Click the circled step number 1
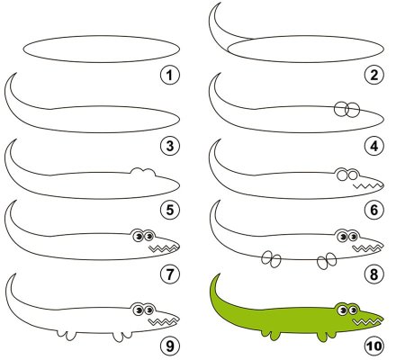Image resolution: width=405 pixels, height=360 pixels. pyautogui.click(x=170, y=75)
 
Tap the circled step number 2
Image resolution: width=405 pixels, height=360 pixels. pyautogui.click(x=374, y=75)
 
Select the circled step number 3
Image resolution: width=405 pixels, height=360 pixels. pyautogui.click(x=170, y=146)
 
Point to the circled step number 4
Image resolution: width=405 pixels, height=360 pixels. pyautogui.click(x=374, y=146)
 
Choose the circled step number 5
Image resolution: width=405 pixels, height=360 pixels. pyautogui.click(x=170, y=210)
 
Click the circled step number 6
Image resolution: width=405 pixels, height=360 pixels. pyautogui.click(x=374, y=210)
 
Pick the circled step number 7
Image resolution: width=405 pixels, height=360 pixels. pyautogui.click(x=170, y=274)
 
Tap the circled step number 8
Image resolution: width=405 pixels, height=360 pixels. pyautogui.click(x=374, y=274)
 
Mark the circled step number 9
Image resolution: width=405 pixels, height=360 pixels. pyautogui.click(x=170, y=346)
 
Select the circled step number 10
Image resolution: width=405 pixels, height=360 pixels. pyautogui.click(x=374, y=346)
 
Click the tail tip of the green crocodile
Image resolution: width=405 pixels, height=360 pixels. pyautogui.click(x=220, y=274)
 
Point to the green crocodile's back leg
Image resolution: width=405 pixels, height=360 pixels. pyautogui.click(x=271, y=336)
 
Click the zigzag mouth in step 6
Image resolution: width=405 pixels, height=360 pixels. pyautogui.click(x=368, y=186)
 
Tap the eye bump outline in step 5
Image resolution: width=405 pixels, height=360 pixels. pyautogui.click(x=143, y=171)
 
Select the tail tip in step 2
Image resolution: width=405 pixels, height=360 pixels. pyautogui.click(x=220, y=3)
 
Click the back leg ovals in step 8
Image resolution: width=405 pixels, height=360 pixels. pyautogui.click(x=271, y=259)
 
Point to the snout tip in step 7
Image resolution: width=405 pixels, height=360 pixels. pyautogui.click(x=179, y=244)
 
